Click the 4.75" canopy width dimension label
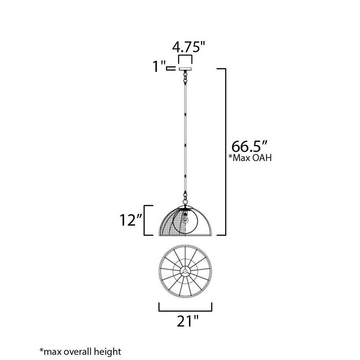[188, 47]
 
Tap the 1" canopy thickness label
[159, 66]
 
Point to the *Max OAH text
[250, 158]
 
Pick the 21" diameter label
[187, 321]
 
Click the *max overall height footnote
[80, 352]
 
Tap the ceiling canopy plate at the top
[185, 69]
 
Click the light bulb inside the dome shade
[185, 219]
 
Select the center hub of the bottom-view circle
[185, 271]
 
